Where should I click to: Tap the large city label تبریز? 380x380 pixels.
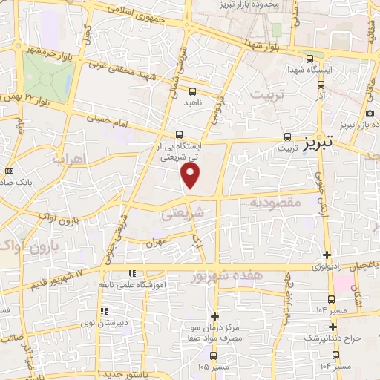320,140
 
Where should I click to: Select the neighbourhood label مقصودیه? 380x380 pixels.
274,202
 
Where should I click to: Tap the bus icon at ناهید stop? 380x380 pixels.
192,91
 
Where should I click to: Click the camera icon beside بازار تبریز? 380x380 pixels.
370,113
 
